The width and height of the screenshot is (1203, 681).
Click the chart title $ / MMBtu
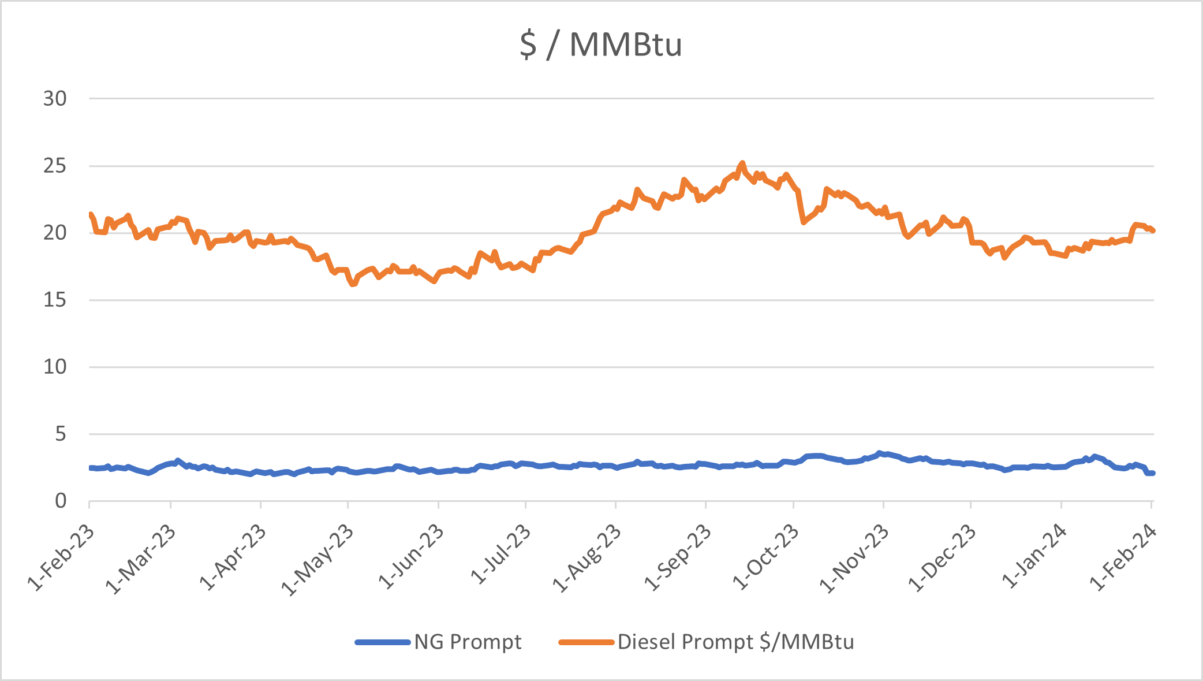[601, 44]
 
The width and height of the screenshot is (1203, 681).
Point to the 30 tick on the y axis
[55, 99]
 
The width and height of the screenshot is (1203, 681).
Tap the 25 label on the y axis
[55, 166]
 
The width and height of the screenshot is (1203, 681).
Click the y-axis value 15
[55, 300]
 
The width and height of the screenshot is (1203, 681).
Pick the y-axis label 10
[55, 367]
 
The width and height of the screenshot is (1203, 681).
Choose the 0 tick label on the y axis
[61, 501]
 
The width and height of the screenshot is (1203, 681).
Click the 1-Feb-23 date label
[61, 558]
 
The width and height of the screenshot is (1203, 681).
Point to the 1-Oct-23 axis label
[765, 559]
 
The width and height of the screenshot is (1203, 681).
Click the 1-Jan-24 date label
[1034, 557]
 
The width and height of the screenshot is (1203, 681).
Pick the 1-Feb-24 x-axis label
[1123, 558]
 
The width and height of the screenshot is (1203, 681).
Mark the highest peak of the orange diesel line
[742, 163]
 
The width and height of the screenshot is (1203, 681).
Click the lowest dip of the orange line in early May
[353, 284]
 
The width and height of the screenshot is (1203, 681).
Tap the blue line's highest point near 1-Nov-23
[879, 453]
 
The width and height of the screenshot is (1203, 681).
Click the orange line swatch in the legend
[586, 642]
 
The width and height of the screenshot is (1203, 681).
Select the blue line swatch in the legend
[383, 642]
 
